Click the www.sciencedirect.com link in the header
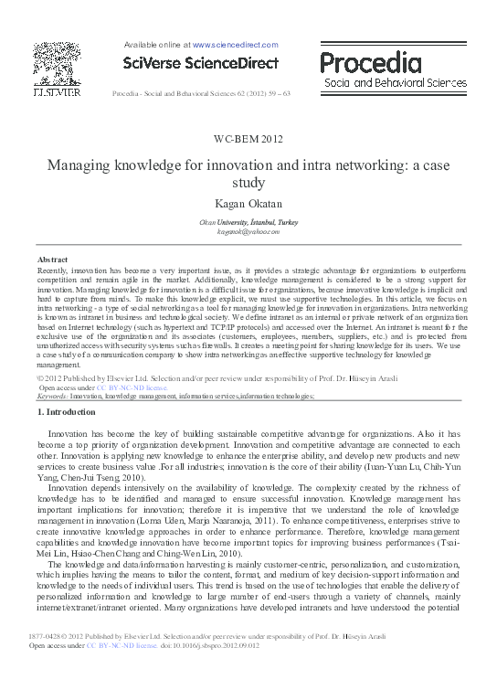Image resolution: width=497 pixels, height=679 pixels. click(235, 44)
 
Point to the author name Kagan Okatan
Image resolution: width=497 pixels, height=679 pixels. click(249, 203)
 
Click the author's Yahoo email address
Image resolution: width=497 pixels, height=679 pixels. click(249, 232)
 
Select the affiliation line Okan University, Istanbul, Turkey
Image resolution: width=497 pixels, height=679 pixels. click(249, 222)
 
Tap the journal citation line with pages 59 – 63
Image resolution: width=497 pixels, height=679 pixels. click(200, 94)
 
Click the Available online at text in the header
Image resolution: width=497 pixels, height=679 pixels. click(155, 44)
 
